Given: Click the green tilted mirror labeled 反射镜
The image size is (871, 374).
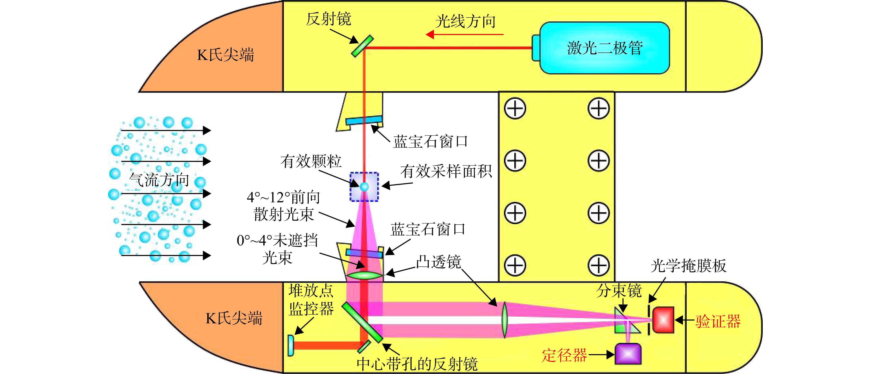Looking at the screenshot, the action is pos(362,46).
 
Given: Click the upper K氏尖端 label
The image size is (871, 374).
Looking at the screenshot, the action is pos(225,54).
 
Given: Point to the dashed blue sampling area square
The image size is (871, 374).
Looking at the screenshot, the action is pos(364,187).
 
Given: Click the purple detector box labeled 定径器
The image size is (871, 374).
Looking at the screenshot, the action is pos(628,354).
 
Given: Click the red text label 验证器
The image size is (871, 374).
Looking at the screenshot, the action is pos(718,321).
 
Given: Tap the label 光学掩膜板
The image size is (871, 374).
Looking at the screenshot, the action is pos(689,266).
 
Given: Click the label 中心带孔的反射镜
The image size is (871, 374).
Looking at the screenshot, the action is pos(417,364).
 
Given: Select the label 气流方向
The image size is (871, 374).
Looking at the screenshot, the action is pos(159,180).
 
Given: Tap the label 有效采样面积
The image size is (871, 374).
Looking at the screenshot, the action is pos(446,171).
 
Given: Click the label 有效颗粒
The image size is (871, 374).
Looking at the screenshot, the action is pos(311,161).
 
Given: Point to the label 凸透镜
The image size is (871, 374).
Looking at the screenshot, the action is pos(438,262).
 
